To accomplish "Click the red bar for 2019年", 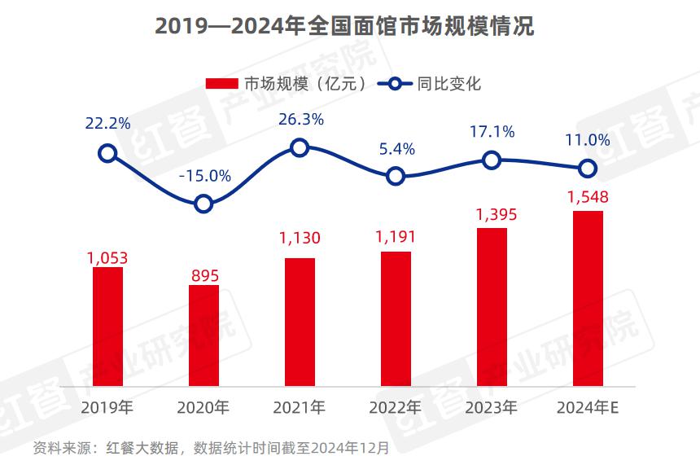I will click(x=107, y=326).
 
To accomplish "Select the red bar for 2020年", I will click(x=203, y=335).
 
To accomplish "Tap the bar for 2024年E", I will click(x=588, y=298).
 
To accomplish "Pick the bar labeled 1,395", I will click(x=492, y=306).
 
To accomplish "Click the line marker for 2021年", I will click(x=300, y=147).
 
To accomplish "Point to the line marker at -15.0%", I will click(x=204, y=204).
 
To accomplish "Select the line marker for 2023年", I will click(x=491, y=160).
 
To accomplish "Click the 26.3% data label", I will click(x=301, y=119).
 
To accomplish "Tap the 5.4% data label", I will click(x=396, y=148).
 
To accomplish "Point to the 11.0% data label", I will click(x=588, y=140).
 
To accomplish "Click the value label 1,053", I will click(x=107, y=258).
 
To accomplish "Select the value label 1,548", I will click(x=588, y=197).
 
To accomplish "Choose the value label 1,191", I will click(x=396, y=238).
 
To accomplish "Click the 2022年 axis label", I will click(x=396, y=406).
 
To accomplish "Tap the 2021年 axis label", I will click(x=300, y=406).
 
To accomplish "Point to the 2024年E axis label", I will click(x=588, y=406).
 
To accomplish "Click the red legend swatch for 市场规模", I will click(x=221, y=84).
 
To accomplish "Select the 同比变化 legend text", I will click(x=449, y=84).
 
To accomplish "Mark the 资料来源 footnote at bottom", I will click(x=211, y=448).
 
